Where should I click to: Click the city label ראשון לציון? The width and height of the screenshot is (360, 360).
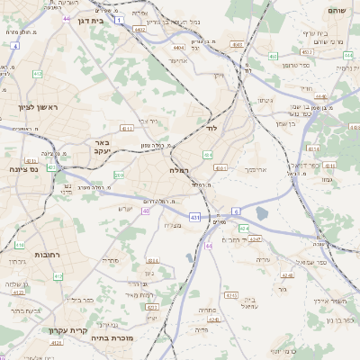click(x=37, y=108)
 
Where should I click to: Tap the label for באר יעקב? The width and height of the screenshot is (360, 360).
click(x=102, y=148)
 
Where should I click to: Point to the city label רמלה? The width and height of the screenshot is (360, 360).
click(x=177, y=169)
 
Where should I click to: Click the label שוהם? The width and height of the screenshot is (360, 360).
click(x=337, y=11)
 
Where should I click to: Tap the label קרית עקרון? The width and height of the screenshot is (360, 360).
click(x=67, y=330)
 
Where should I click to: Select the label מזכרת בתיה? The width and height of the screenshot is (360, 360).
click(x=113, y=338)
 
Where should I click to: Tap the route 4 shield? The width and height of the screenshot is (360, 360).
click(x=14, y=45)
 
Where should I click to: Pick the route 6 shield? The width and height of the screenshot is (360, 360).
click(x=236, y=211)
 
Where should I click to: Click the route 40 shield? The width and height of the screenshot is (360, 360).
click(x=145, y=211)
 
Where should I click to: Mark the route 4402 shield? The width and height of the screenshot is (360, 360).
click(x=140, y=30)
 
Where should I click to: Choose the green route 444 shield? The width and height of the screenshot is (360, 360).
click(x=347, y=55)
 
